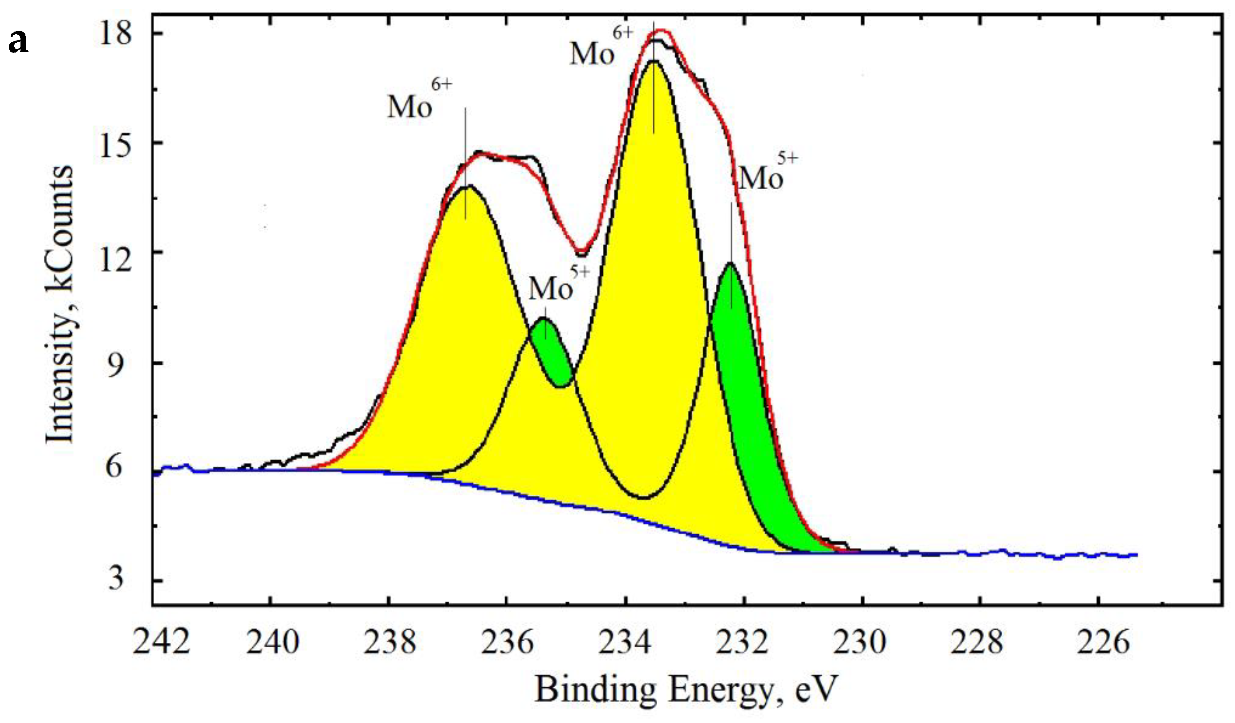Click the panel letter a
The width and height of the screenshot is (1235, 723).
(x=19, y=43)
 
